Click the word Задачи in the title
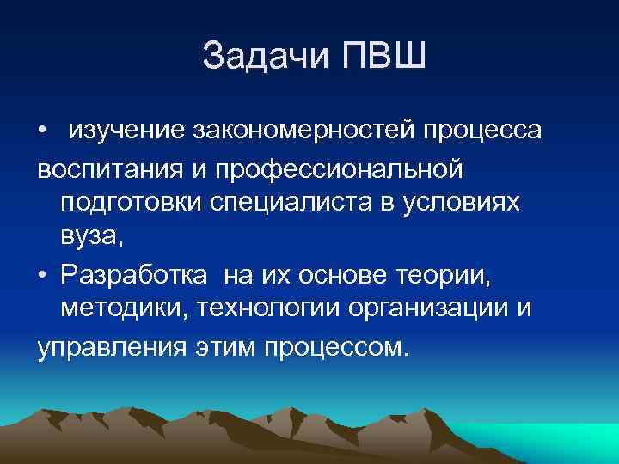(263, 58)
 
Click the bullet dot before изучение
(42, 131)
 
